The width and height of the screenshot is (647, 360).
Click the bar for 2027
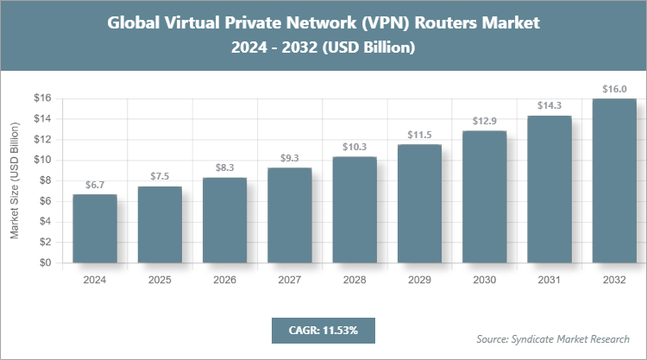point(290,216)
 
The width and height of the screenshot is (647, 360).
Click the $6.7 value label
point(95,185)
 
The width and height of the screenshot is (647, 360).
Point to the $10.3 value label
point(355,147)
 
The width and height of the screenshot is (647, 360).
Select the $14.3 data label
point(550,105)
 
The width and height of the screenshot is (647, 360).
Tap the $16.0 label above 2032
point(614,88)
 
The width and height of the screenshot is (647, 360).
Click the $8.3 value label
point(224,167)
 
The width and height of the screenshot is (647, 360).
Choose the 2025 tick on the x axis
point(160,280)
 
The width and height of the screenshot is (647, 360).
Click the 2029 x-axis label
point(419,280)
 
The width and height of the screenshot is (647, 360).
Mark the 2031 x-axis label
point(550,280)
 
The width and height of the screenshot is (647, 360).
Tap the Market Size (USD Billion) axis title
point(15,181)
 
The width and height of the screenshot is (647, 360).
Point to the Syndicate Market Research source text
point(552,338)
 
